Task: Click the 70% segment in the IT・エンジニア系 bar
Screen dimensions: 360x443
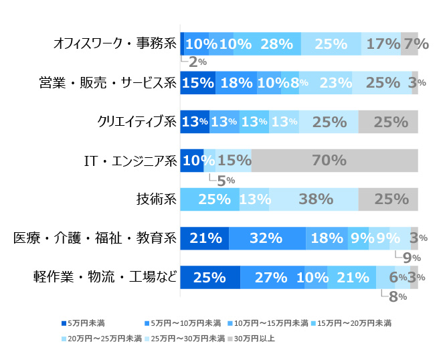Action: (x=334, y=161)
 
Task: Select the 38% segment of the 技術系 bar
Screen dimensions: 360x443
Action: (x=313, y=199)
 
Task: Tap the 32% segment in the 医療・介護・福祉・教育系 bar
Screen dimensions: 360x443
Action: (x=267, y=238)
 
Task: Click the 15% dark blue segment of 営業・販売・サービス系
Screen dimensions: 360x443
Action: (x=197, y=83)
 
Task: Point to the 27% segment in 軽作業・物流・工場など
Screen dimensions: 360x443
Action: (x=272, y=276)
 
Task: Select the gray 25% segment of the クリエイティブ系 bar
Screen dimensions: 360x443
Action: (x=388, y=122)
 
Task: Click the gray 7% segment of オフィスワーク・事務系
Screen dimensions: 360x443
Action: (x=410, y=44)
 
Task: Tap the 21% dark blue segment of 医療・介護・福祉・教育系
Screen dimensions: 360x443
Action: (x=205, y=238)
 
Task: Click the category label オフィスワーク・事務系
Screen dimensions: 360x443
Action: (x=114, y=45)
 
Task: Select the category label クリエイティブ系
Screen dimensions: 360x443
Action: (x=137, y=122)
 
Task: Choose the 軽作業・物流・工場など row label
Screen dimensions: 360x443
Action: (x=105, y=276)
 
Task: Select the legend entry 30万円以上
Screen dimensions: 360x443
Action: (x=252, y=339)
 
